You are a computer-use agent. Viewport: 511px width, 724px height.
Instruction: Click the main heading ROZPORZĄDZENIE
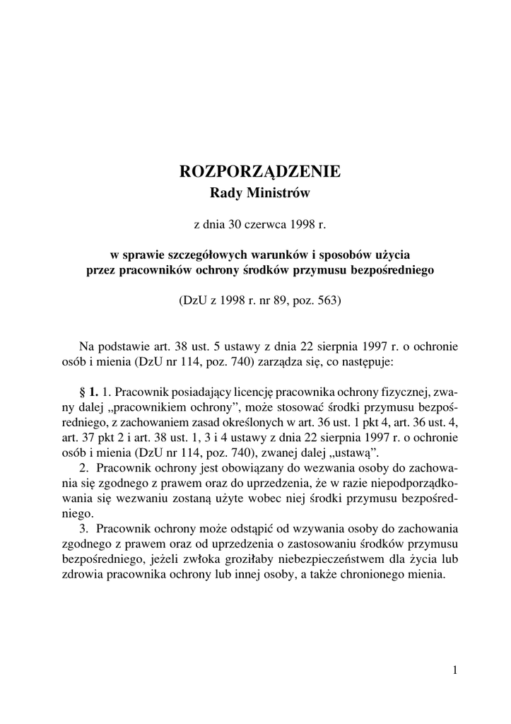(260, 172)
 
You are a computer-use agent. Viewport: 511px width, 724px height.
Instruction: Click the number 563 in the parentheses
(328, 300)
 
